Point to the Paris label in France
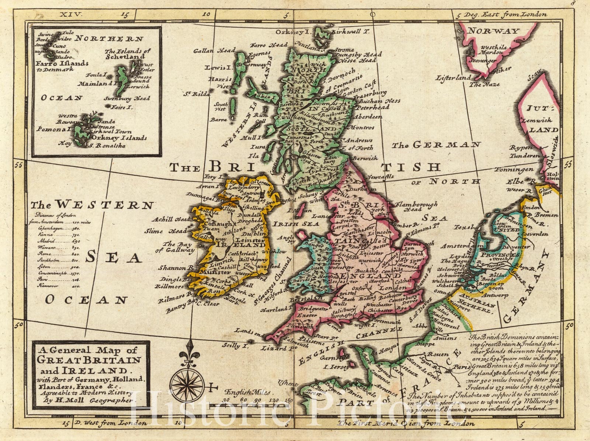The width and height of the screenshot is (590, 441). (x=462, y=367)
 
